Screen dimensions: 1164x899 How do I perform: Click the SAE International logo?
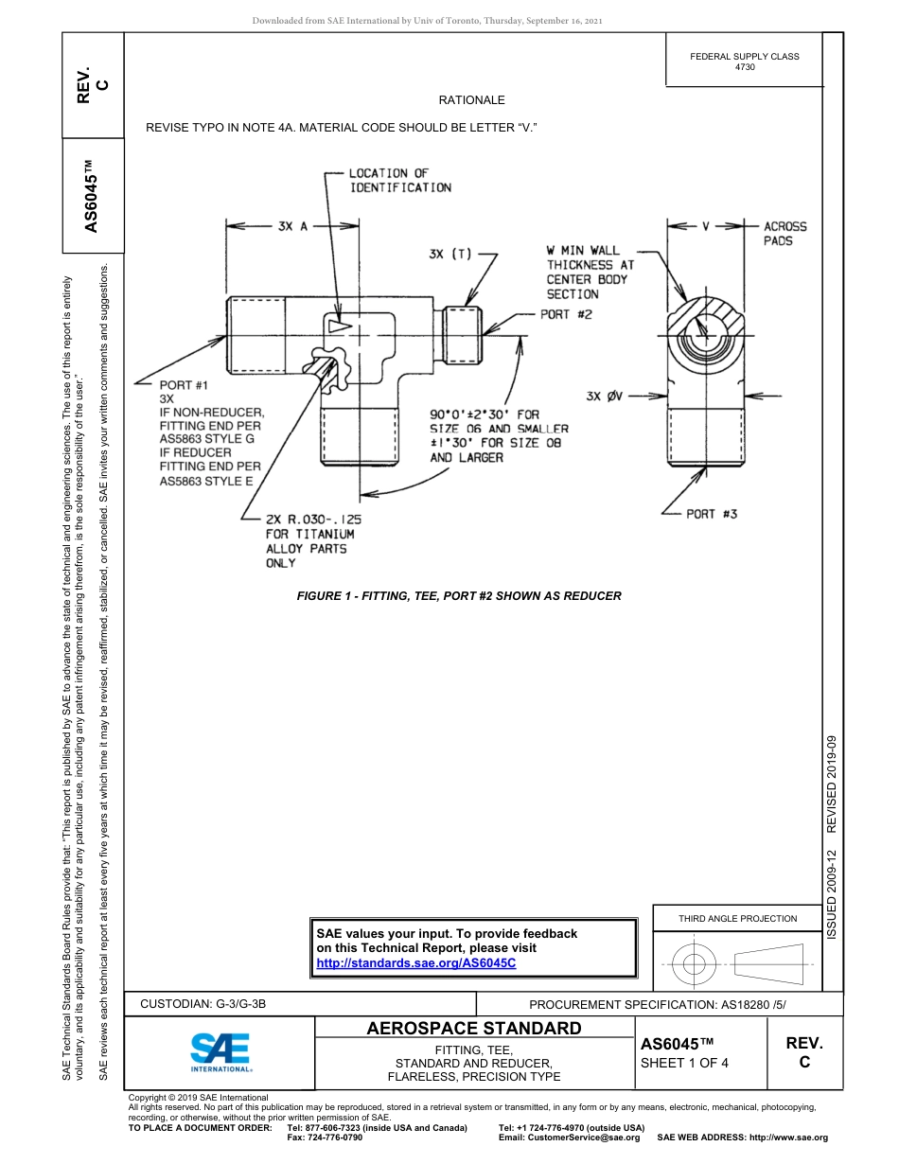click(220, 1051)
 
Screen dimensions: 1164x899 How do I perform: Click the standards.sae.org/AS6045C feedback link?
click(416, 962)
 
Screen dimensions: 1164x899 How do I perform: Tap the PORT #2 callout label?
click(566, 315)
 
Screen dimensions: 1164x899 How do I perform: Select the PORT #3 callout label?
click(712, 514)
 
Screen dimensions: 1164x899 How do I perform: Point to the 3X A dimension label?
click(293, 227)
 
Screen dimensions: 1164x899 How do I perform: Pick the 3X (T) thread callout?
click(449, 254)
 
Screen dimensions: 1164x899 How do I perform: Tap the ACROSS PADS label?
click(784, 234)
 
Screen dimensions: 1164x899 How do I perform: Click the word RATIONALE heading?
click(471, 100)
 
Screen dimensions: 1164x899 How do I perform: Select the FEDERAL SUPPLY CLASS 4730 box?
click(744, 62)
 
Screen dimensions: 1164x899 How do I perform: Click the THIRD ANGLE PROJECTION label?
click(737, 918)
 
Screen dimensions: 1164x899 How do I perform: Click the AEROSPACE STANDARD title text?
click(473, 1029)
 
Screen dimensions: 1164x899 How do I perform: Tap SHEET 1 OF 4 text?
click(684, 1062)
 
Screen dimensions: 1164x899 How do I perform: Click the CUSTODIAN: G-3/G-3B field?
click(209, 1004)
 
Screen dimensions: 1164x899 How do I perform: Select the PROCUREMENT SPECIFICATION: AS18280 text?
click(657, 1005)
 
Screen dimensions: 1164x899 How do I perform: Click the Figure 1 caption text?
click(459, 596)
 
